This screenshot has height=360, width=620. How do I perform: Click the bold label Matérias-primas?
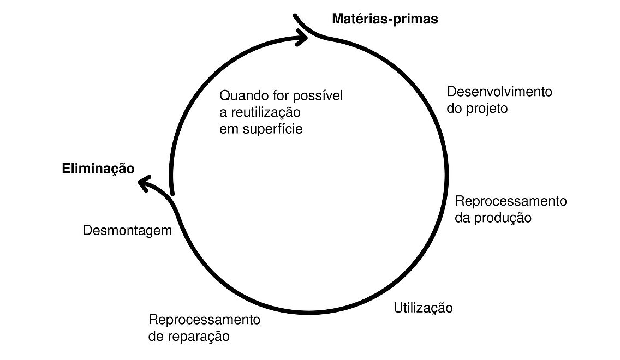click(385, 20)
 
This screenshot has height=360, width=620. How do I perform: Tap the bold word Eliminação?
click(98, 169)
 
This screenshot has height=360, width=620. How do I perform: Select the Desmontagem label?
click(127, 231)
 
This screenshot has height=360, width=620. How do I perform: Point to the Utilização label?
click(423, 308)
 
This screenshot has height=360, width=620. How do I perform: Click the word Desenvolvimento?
click(499, 92)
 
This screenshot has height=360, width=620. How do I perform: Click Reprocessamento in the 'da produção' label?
click(511, 201)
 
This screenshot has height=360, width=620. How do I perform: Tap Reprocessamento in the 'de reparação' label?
click(204, 320)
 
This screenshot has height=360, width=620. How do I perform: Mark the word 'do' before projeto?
click(454, 109)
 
